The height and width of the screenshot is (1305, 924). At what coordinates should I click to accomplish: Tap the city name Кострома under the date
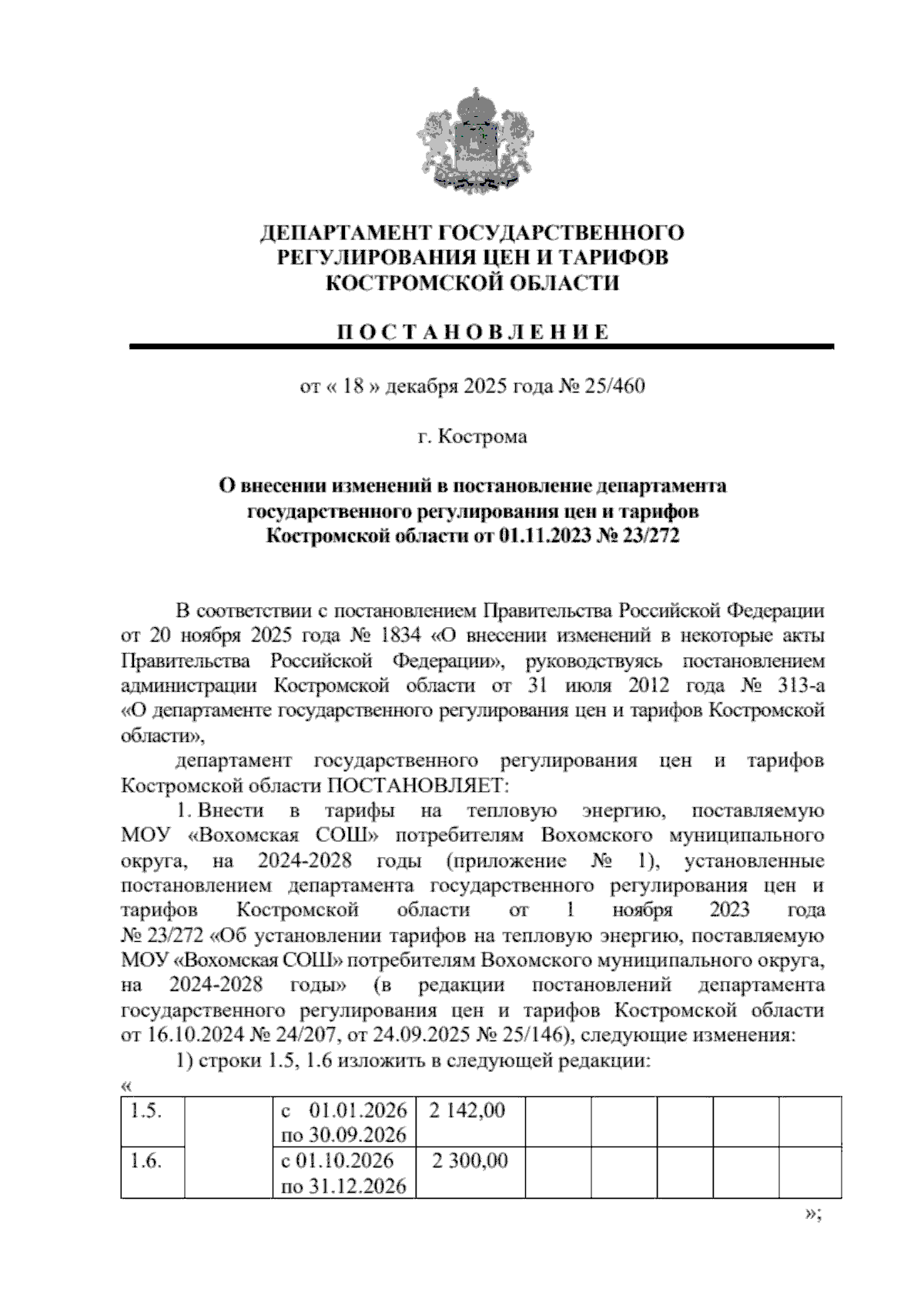pos(484,437)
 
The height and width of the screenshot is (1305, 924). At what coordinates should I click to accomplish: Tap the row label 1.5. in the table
pos(145,1110)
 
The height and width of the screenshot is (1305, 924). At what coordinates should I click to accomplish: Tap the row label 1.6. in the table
pos(145,1160)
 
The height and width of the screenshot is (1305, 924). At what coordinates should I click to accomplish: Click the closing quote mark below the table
pos(812,1213)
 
